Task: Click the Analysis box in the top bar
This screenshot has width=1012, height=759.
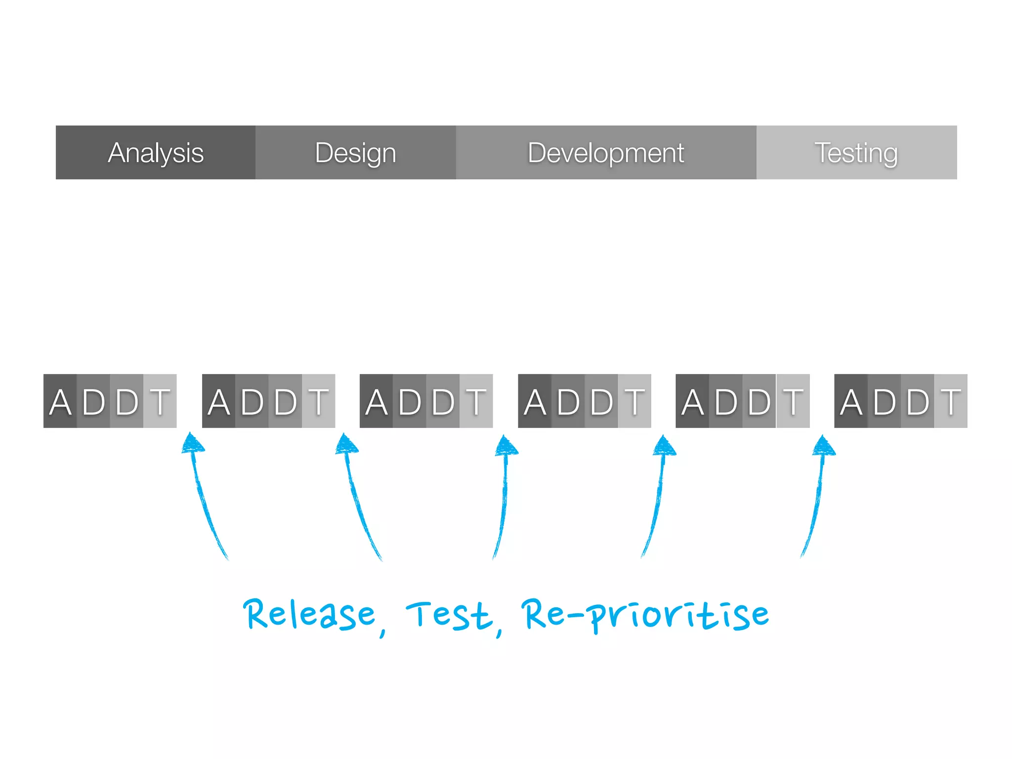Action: (x=156, y=152)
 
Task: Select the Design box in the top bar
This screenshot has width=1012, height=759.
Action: (x=356, y=152)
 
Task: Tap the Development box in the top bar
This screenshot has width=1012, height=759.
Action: (x=606, y=152)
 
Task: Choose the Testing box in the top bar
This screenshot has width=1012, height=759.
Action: (x=856, y=152)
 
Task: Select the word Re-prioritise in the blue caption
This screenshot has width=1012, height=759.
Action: (x=645, y=615)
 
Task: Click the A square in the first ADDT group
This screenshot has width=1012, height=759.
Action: (x=60, y=401)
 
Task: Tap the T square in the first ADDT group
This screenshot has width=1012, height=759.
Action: (x=160, y=401)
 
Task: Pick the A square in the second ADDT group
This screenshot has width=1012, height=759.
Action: (x=219, y=401)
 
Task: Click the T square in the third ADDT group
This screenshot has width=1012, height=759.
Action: (x=476, y=401)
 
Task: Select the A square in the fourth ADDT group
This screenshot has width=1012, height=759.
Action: (x=535, y=401)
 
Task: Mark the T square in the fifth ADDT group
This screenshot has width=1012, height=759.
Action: (x=793, y=401)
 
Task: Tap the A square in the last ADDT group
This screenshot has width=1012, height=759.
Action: (x=851, y=401)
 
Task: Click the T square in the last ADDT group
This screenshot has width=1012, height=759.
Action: (x=951, y=401)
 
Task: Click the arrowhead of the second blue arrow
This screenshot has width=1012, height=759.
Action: (x=346, y=443)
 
